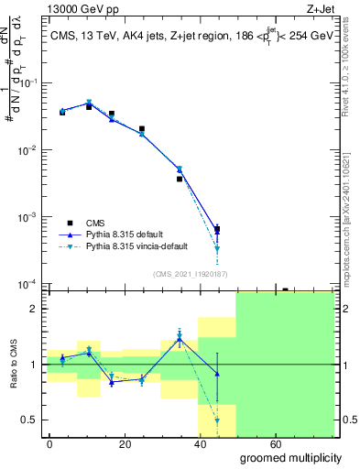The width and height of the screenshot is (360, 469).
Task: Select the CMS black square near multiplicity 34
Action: (180, 179)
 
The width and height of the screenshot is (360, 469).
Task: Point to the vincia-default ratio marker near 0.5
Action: (217, 420)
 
